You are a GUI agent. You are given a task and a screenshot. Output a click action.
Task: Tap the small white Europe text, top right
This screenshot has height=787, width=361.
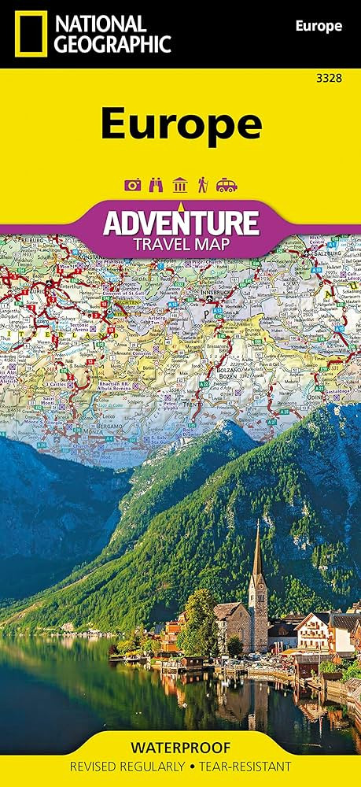point(318,27)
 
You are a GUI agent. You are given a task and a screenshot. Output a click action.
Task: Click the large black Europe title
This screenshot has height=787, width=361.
point(181,123)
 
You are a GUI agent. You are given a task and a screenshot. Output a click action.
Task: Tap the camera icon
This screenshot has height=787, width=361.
point(132,186)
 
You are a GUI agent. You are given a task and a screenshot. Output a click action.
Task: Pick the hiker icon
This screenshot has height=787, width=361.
point(203,186)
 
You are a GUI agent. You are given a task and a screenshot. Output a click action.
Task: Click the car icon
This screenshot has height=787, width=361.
point(227,186)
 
